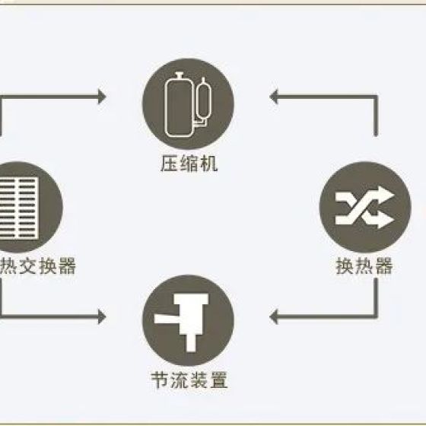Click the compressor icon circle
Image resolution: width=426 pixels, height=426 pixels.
pos(188,104)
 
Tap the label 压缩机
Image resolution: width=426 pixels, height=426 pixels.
pos(189,164)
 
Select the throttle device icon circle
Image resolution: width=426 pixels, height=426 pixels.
pos(188,320)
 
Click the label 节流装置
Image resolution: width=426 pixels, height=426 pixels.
pos(189,380)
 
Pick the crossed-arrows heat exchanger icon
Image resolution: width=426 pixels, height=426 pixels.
pos(365,207)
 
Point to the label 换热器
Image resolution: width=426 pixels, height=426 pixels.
pos(364,266)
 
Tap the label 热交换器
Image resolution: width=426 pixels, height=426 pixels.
pos(37,266)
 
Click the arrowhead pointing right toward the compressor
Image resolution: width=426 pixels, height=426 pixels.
pos(102,97)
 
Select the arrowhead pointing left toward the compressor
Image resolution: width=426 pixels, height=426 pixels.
pos(274,97)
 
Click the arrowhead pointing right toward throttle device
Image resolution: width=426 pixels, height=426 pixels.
pos(102,316)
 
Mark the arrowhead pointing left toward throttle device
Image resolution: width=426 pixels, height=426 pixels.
pos(274,316)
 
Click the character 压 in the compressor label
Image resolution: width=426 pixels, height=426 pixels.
pos(170,164)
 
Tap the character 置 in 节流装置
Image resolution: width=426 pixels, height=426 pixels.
pos(218,380)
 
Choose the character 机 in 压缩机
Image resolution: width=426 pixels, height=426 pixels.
pos(208,164)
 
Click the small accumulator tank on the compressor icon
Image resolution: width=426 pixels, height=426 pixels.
pos(204,99)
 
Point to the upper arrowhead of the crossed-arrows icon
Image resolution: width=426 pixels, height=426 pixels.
pos(387,194)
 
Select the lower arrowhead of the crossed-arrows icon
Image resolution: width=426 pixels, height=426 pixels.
pos(387,220)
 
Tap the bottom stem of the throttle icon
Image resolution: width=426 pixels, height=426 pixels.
pos(191,343)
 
